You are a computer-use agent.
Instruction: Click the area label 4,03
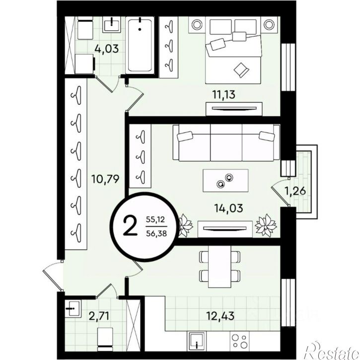[107, 49]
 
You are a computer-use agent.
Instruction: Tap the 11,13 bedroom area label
[224, 94]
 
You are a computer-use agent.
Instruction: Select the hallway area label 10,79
[105, 179]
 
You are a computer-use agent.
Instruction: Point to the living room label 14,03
[228, 208]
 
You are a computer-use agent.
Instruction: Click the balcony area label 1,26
[295, 191]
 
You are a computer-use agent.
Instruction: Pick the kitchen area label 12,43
[220, 316]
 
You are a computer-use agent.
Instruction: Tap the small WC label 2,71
[99, 316]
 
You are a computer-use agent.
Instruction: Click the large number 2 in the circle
[130, 226]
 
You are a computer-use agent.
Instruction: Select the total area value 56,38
[156, 233]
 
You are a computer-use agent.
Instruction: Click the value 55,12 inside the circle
[155, 219]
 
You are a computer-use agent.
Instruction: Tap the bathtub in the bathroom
[140, 46]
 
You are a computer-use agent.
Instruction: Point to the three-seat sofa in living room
[226, 143]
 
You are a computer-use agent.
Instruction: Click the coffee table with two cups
[225, 181]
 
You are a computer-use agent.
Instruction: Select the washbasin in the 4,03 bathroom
[112, 24]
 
